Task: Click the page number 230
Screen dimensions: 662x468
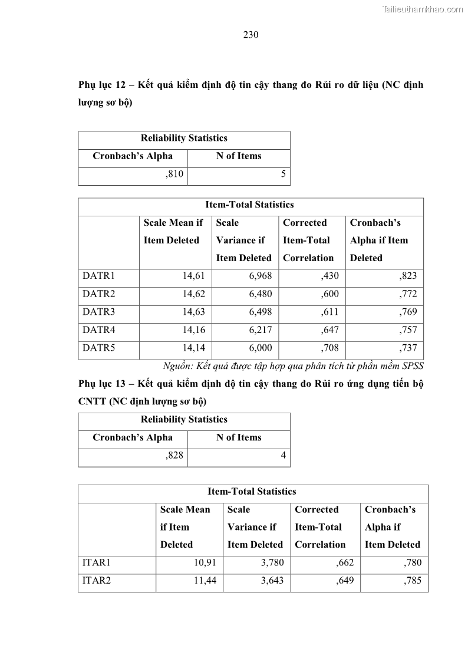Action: coord(251,35)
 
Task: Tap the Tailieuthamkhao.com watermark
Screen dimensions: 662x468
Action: coord(423,9)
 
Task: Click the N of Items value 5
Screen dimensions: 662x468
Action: coord(283,174)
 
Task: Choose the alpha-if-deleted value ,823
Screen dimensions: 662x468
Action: coord(407,276)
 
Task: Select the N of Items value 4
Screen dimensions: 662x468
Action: coord(283,456)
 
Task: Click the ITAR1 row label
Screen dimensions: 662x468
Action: coord(97,563)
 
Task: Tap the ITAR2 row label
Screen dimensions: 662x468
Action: coord(97,581)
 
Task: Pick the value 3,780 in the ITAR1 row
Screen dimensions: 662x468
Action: coord(272,563)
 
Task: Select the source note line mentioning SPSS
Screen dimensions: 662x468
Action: coord(293,365)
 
